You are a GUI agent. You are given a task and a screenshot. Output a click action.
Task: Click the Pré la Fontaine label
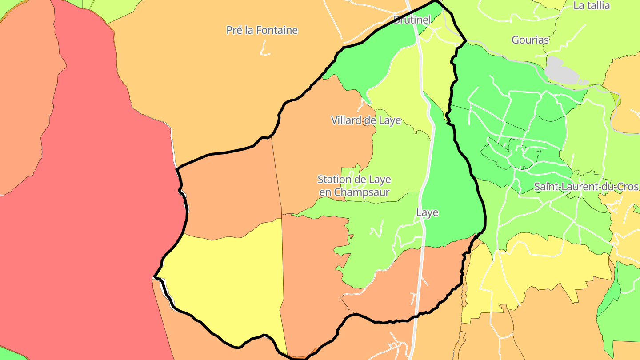(x=262, y=30)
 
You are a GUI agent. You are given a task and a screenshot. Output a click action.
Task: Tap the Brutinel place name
(x=412, y=20)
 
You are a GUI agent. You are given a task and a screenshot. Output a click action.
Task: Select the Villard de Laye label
(x=366, y=120)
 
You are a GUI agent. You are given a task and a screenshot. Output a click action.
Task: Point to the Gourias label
(x=530, y=40)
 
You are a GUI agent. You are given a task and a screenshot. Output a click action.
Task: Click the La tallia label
(x=592, y=6)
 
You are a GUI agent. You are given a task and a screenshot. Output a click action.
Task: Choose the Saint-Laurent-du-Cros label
(x=586, y=187)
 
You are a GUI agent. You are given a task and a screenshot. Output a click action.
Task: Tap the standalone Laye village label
(x=427, y=213)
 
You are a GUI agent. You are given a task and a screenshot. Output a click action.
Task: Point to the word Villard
(x=345, y=120)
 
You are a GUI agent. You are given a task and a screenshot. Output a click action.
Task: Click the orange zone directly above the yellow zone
(x=231, y=191)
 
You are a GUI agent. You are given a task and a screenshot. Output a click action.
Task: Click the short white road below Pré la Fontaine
(x=265, y=49)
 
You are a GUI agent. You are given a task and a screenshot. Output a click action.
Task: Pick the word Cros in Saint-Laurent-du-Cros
(x=628, y=187)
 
